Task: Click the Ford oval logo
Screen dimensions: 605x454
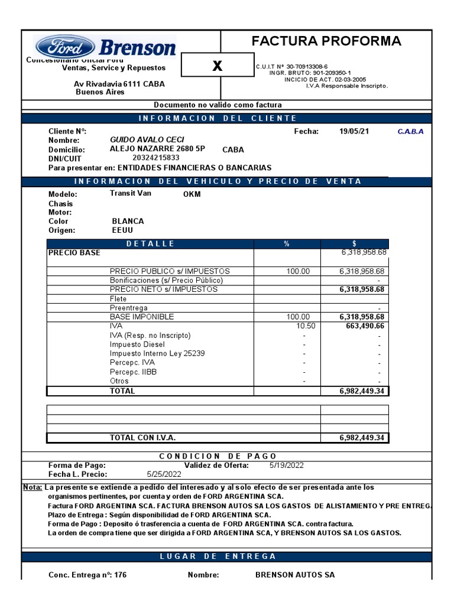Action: click(x=64, y=46)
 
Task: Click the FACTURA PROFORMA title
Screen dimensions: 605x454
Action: click(x=326, y=41)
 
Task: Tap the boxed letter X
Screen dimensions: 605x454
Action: click(x=217, y=66)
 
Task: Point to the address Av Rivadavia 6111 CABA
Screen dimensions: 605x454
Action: click(x=119, y=84)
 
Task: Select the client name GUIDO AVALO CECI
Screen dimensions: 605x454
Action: click(x=147, y=139)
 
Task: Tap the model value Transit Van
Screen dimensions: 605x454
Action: click(x=130, y=193)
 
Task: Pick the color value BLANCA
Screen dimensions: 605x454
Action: click(x=128, y=221)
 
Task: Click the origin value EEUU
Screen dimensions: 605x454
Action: click(x=122, y=230)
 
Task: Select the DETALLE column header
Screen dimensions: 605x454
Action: click(x=150, y=244)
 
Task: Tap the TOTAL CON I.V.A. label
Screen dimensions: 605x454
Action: click(x=142, y=438)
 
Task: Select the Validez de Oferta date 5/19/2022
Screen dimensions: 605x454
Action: click(x=286, y=465)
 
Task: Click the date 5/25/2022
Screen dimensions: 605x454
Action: click(x=164, y=474)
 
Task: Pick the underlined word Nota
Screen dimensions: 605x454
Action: click(x=32, y=487)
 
